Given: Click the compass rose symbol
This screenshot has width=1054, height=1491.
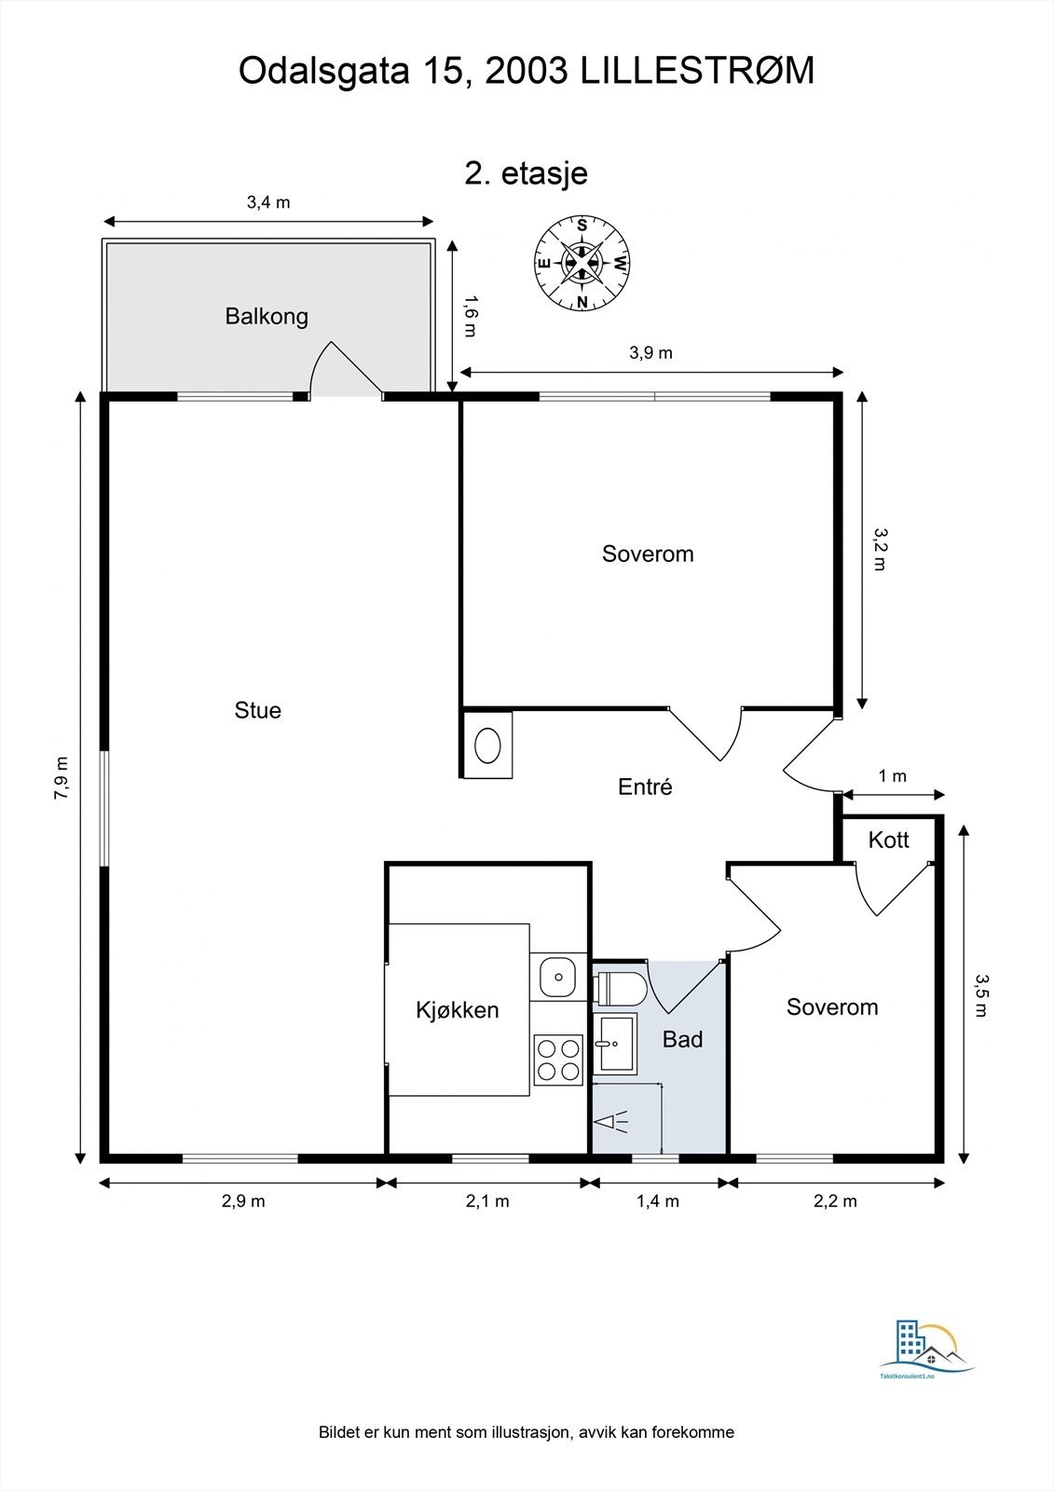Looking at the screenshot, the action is [x=582, y=264].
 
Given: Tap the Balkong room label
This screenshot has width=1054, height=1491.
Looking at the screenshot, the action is [x=267, y=316].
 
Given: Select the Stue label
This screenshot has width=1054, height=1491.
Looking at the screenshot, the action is [x=257, y=710].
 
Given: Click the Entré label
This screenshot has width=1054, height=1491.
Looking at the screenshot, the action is [x=645, y=787].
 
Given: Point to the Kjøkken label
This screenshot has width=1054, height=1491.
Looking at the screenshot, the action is [x=458, y=1010].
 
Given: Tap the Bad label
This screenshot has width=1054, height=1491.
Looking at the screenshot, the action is [x=682, y=1039].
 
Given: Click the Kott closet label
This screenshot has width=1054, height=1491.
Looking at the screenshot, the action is [x=888, y=840].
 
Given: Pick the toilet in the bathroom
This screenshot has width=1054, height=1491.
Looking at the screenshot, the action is [x=620, y=989].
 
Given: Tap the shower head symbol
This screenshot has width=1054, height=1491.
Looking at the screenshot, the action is [x=612, y=1123].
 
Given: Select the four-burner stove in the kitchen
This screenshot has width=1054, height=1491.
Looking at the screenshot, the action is [x=558, y=1060].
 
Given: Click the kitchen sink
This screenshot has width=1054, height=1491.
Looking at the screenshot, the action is [x=558, y=978].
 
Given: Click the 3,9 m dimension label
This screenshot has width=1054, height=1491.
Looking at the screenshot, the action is [x=651, y=353].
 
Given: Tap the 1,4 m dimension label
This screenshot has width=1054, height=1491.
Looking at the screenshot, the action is [x=658, y=1201].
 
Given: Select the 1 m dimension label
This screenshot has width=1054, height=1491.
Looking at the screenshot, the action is [x=892, y=776].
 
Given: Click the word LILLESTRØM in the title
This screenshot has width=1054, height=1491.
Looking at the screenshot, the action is [x=698, y=71].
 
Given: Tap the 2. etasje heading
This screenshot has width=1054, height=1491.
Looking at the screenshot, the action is [x=526, y=173].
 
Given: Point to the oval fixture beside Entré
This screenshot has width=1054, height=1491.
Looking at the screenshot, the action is [x=487, y=745].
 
